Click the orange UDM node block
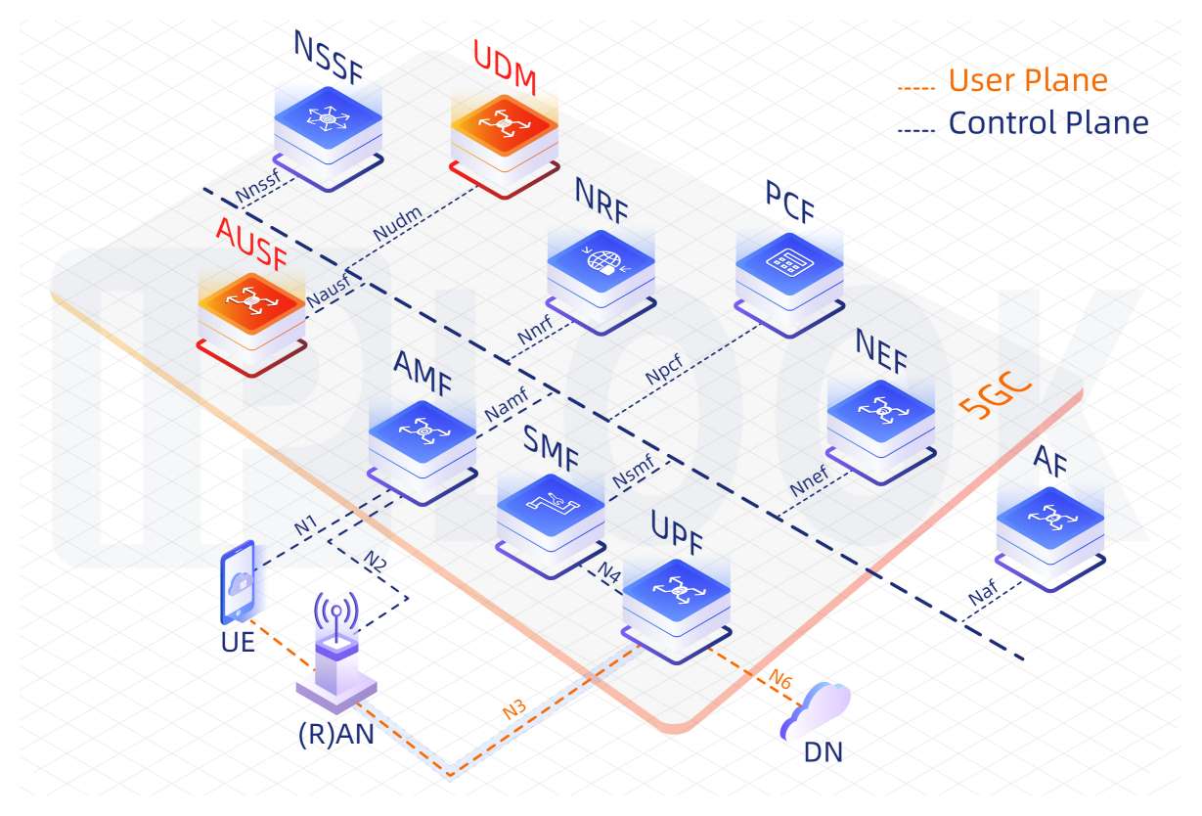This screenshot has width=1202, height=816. tap(504, 134)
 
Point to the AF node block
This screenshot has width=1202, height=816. tap(1050, 528)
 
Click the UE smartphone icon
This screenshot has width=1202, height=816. tap(239, 584)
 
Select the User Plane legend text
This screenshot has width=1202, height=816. tap(1027, 80)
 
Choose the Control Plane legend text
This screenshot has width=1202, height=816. tap(1047, 123)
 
